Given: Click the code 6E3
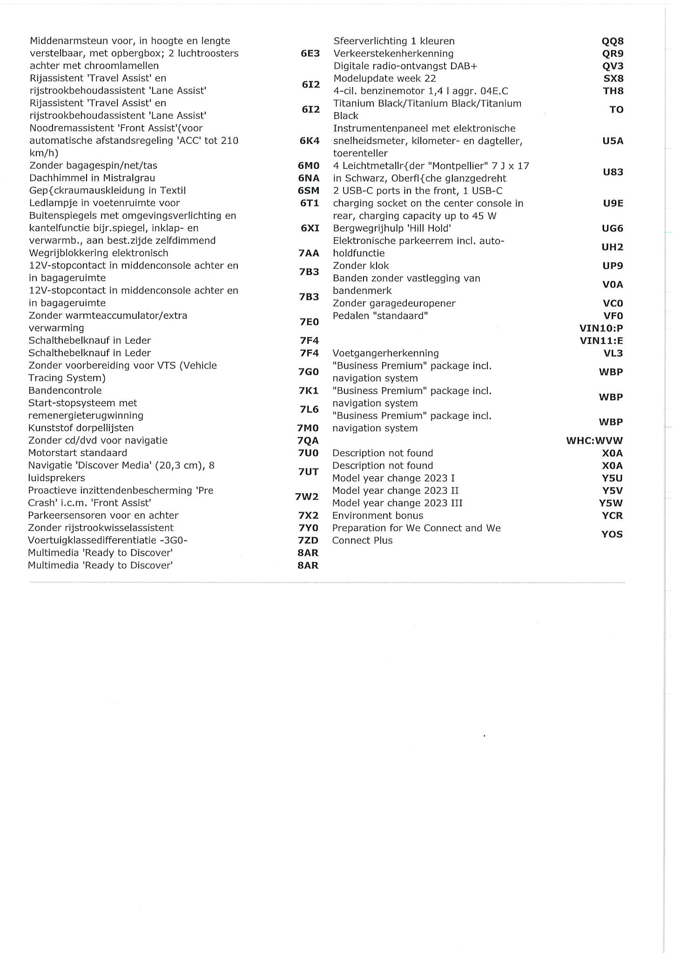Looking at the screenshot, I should [310, 53].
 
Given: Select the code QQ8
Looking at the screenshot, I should [613, 41].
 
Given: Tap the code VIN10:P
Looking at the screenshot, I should [601, 328].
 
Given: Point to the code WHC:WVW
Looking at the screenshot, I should [594, 440].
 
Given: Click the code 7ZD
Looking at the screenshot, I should [308, 540].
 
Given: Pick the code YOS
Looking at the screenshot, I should [612, 534].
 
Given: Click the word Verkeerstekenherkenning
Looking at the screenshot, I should [393, 54].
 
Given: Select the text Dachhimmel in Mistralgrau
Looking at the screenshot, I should [92, 178].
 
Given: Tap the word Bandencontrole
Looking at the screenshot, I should [65, 390].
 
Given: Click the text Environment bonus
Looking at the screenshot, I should [377, 515].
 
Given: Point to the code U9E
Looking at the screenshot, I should [613, 203].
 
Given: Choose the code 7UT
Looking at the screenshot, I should [308, 472].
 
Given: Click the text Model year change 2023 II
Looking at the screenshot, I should [395, 490].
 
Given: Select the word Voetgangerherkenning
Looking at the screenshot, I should [385, 353].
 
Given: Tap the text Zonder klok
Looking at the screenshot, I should [361, 266].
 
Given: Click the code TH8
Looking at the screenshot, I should [613, 91].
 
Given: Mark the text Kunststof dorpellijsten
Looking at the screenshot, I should [81, 428].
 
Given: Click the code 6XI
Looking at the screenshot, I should [310, 228].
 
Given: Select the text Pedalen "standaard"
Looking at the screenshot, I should [380, 316].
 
